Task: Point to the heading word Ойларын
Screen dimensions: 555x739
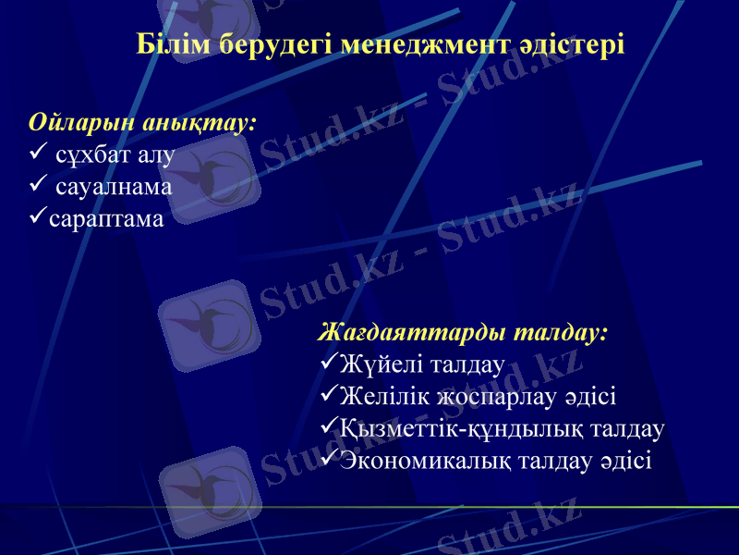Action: click(75, 122)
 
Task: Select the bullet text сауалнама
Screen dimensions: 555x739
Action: click(113, 186)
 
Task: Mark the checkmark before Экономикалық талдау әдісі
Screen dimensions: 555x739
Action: click(328, 460)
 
